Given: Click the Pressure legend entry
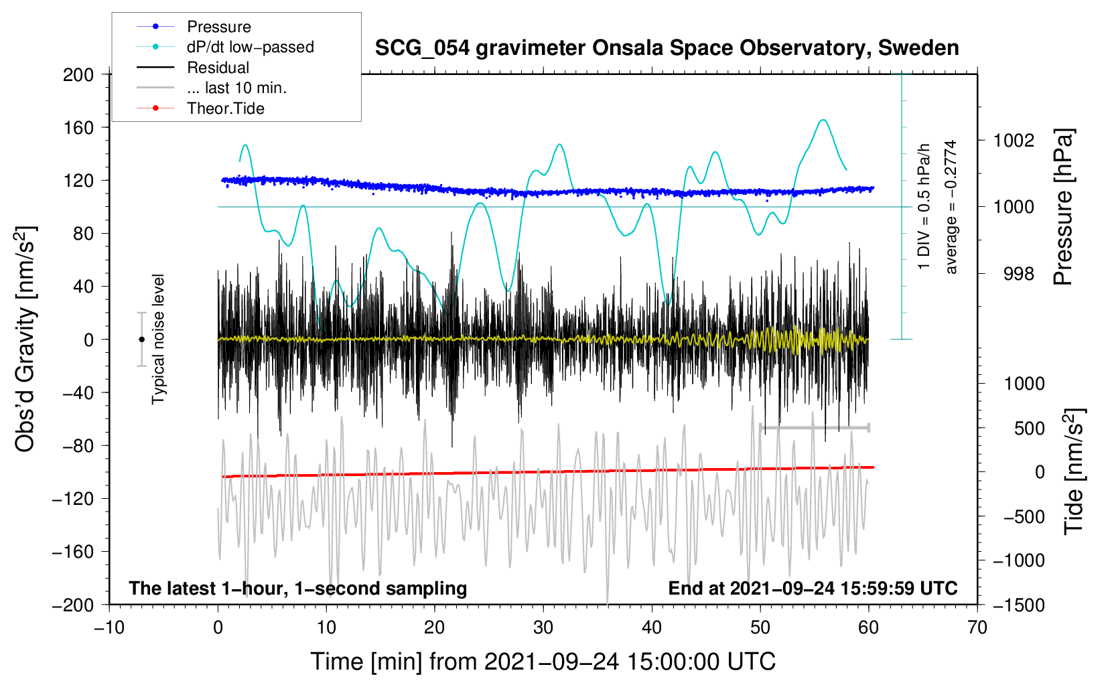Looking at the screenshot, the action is tap(194, 26).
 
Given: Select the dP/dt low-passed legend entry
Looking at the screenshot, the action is tap(225, 47).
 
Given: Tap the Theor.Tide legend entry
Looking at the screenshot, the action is tap(200, 108).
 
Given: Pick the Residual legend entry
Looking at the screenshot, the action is tap(193, 68).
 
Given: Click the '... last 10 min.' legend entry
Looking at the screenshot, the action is tap(212, 88).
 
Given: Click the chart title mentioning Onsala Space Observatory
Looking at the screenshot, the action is tap(667, 48).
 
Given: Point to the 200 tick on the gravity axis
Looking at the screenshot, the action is tap(78, 75).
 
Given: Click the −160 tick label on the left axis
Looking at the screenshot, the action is tap(73, 552).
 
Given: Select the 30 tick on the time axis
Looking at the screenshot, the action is tap(543, 627).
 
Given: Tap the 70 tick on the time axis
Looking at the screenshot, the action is tap(977, 627).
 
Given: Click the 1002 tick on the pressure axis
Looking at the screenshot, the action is tap(1014, 141).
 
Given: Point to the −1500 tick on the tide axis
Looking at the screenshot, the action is tap(1019, 605).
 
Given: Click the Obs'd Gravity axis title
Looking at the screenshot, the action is tap(25, 339).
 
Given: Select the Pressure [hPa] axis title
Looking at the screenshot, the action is tap(1063, 207).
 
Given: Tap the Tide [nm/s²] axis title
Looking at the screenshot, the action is tap(1074, 472).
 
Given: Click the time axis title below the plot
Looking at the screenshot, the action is tap(543, 662).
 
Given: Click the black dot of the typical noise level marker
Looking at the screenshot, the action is tap(141, 339).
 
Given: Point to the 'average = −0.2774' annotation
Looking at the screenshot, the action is tap(951, 207).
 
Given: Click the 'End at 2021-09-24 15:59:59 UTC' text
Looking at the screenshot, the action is tap(813, 588).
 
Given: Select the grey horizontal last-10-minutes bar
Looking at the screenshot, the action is tap(814, 427).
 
